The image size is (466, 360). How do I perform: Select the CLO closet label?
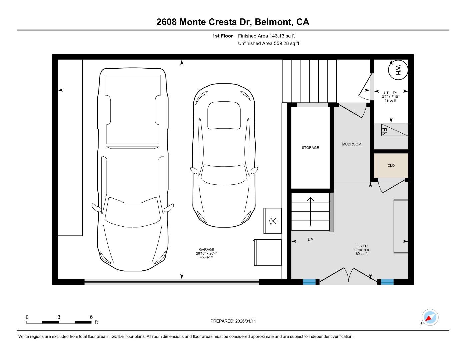click(391, 165)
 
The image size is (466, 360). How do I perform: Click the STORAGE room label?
click(310, 148)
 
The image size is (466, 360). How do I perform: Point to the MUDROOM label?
click(352, 144)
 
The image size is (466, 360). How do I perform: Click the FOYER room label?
click(362, 246)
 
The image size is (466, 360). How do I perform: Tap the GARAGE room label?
click(207, 249)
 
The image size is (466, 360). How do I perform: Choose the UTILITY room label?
click(390, 93)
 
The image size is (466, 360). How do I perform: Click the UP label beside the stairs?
click(310, 240)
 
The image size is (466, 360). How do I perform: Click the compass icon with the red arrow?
click(430, 317)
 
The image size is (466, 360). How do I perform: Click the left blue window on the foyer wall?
click(309, 282)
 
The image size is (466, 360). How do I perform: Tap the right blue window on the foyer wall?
click(387, 282)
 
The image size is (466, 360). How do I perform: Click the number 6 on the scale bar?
click(91, 317)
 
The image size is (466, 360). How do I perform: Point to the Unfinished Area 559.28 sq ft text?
click(268, 43)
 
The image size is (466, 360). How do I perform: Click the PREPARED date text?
click(233, 321)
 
